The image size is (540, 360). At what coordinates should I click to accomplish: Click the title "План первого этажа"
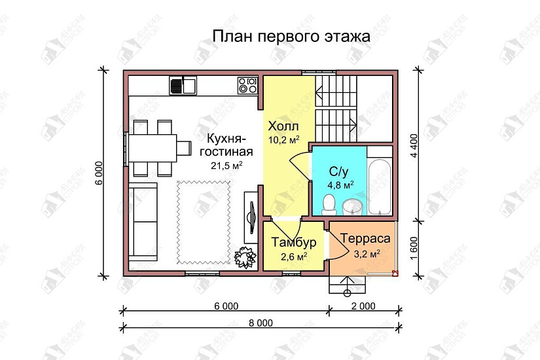click(291, 37)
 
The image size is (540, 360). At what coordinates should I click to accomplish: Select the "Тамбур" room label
click(294, 243)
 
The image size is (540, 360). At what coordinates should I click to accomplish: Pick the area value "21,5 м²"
click(226, 165)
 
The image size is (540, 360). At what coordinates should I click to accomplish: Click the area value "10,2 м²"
click(283, 139)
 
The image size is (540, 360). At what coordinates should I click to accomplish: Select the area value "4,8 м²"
click(340, 185)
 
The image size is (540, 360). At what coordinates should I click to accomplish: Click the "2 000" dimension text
click(362, 306)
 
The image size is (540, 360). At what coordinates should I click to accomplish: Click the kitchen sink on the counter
click(183, 85)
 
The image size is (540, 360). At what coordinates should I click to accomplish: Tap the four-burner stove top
click(247, 85)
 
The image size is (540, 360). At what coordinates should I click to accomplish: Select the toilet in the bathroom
click(331, 203)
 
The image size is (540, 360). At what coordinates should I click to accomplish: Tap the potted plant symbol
click(245, 257)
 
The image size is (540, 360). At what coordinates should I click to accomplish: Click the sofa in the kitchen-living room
click(142, 222)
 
